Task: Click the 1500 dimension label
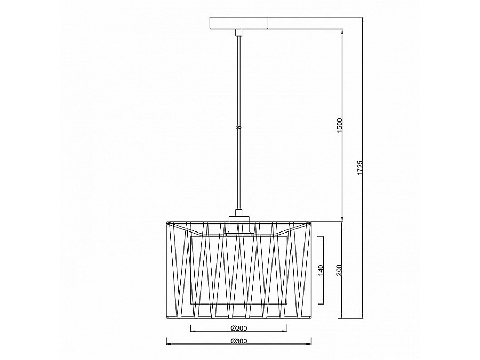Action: pyautogui.click(x=340, y=125)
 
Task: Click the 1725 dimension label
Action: pyautogui.click(x=360, y=167)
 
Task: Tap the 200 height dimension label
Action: pyautogui.click(x=339, y=270)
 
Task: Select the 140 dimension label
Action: pyautogui.click(x=321, y=270)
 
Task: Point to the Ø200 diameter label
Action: pyautogui.click(x=239, y=329)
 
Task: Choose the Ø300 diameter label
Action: pyautogui.click(x=239, y=341)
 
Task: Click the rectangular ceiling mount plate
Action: pyautogui.click(x=239, y=23)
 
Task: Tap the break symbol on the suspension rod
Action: pyautogui.click(x=239, y=126)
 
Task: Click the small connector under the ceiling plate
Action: pyautogui.click(x=239, y=33)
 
